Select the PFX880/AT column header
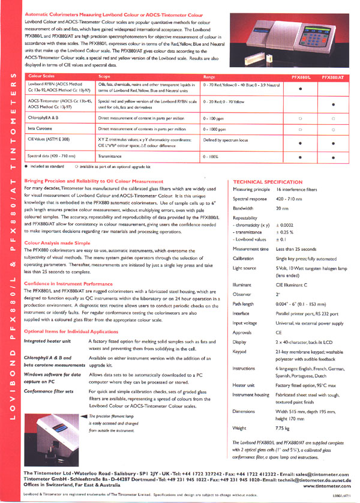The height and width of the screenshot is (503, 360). (333, 77)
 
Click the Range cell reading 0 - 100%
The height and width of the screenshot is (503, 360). (213, 157)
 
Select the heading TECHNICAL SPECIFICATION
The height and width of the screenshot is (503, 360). (268, 182)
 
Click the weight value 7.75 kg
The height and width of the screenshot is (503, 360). (284, 428)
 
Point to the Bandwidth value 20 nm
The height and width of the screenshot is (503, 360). (281, 208)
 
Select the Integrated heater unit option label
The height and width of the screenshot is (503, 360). (49, 340)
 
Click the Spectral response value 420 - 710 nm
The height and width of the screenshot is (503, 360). (290, 198)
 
